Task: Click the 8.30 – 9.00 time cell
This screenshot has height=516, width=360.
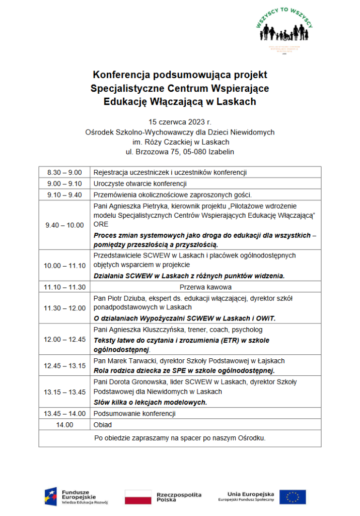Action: pyautogui.click(x=64, y=172)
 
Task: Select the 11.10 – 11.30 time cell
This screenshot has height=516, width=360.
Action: pyautogui.click(x=64, y=287)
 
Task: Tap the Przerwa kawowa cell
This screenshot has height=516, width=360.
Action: pyautogui.click(x=205, y=287)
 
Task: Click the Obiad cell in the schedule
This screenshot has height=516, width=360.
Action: pyautogui.click(x=103, y=425)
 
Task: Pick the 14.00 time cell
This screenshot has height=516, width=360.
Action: pyautogui.click(x=64, y=425)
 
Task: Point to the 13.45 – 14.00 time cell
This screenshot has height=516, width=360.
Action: pyautogui.click(x=64, y=414)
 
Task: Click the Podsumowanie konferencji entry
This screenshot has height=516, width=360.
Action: pyautogui.click(x=134, y=414)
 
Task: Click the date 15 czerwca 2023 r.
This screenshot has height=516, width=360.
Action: pyautogui.click(x=180, y=122)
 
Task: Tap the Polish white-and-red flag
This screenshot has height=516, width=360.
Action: pyautogui.click(x=138, y=496)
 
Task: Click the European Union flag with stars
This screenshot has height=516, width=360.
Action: pyautogui.click(x=293, y=497)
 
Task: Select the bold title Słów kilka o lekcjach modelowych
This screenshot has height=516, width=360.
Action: pyautogui.click(x=151, y=403)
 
